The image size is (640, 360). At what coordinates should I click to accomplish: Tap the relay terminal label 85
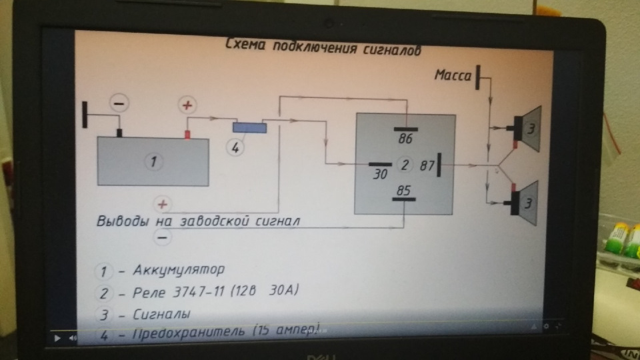(x=403, y=191)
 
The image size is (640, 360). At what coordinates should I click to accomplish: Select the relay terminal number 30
(x=381, y=175)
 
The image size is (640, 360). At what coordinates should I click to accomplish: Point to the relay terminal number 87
(x=427, y=166)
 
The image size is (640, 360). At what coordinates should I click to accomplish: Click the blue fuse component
(x=249, y=127)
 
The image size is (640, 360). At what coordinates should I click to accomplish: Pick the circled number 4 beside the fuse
(x=235, y=148)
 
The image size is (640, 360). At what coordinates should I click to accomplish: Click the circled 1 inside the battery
(x=153, y=161)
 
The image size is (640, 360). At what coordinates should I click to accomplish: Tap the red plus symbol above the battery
(x=188, y=105)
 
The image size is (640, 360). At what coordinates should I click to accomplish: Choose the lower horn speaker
(x=530, y=202)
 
